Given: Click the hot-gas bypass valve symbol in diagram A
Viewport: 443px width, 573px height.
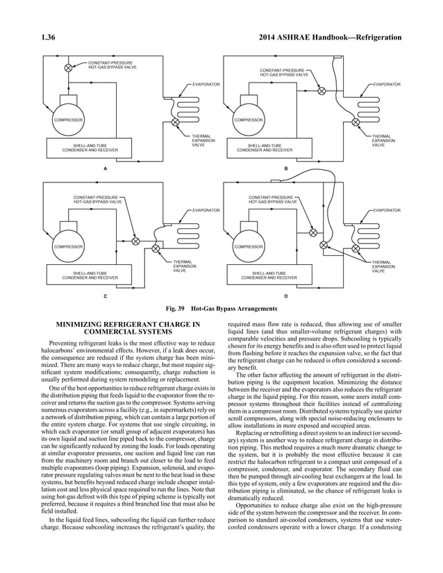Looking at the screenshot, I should (x=68, y=67).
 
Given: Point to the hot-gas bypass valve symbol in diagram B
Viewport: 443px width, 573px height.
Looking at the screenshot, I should (x=321, y=91).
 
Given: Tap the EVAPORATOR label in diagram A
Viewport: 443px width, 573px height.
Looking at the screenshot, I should (x=206, y=84).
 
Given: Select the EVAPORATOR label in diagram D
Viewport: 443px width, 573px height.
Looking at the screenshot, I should (x=387, y=209).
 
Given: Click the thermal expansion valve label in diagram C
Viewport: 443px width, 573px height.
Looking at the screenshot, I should (x=184, y=267).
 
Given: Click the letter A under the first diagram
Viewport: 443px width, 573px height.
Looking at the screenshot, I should (x=104, y=169).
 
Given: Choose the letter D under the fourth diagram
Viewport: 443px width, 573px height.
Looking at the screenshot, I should (x=285, y=296).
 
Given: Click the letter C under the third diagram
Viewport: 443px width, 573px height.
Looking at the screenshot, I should (x=104, y=296).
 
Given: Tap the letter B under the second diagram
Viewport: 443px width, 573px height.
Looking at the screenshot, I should (x=285, y=169).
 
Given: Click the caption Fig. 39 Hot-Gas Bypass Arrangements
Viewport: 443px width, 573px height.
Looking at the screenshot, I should (x=221, y=309).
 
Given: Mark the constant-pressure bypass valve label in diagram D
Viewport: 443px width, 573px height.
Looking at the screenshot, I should (x=271, y=200).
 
